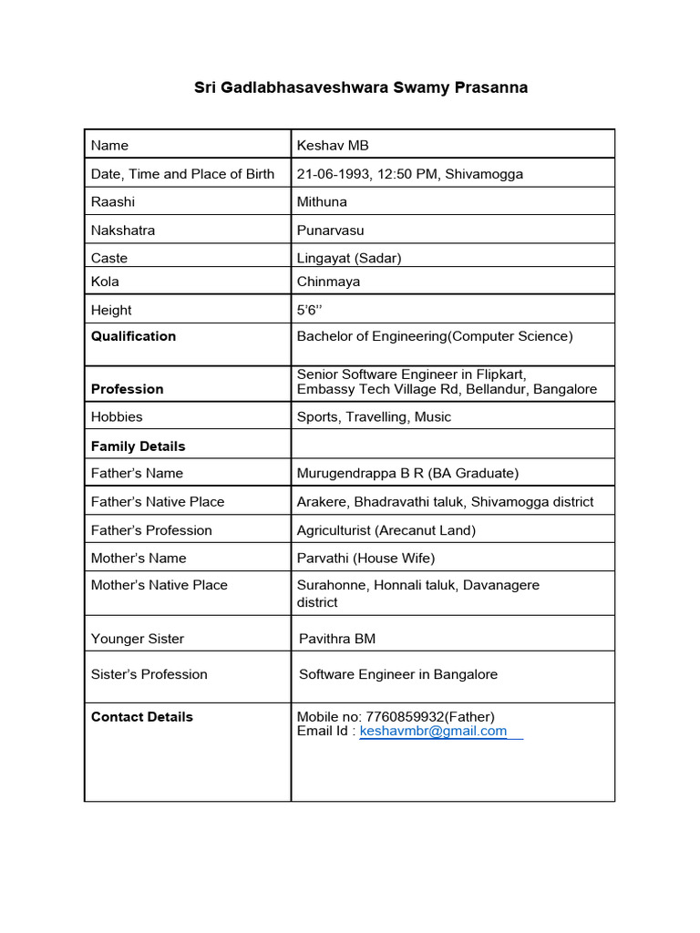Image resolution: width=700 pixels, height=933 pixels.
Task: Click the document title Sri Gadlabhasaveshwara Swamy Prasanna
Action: tap(361, 88)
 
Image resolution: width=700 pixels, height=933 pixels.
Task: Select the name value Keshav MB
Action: tap(333, 146)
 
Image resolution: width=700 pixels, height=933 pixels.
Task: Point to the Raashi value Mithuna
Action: tap(322, 202)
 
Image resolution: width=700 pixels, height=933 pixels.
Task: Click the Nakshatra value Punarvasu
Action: tap(330, 231)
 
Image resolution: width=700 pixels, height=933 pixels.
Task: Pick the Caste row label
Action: tap(109, 258)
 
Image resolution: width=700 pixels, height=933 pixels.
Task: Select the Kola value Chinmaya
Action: tap(328, 282)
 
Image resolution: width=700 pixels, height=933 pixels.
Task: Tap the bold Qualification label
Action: tap(133, 336)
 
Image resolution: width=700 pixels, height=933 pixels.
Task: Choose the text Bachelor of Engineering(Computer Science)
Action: tap(435, 336)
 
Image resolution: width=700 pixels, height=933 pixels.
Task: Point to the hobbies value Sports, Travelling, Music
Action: tap(374, 417)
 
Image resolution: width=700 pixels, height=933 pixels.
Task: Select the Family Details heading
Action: tap(138, 446)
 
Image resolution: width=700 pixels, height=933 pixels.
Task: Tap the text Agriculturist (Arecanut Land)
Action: tap(386, 530)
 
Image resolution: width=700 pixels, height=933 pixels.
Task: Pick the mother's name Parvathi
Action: tap(323, 559)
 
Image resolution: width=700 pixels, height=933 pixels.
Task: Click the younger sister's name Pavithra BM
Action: tap(337, 639)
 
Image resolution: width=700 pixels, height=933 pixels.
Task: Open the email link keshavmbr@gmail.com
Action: tap(433, 732)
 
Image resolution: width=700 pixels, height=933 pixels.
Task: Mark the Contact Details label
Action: tap(142, 717)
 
